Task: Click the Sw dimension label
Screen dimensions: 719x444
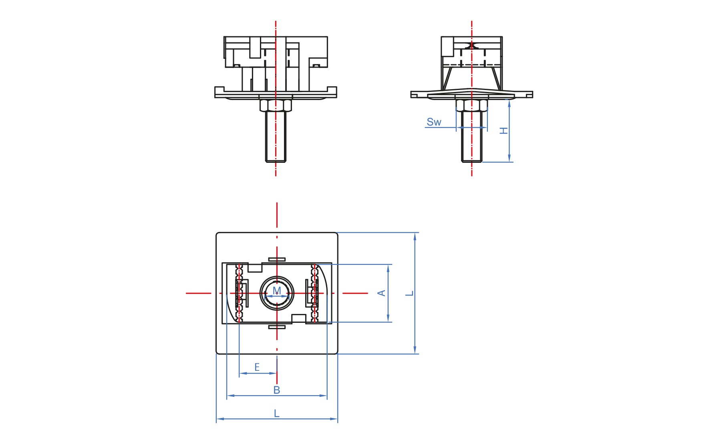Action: tap(434, 122)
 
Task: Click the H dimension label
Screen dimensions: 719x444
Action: tap(504, 130)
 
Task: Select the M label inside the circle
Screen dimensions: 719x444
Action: tap(277, 290)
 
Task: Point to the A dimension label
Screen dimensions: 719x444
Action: tap(382, 293)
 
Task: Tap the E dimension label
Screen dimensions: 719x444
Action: tap(257, 367)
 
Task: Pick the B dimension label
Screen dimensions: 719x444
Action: tap(277, 390)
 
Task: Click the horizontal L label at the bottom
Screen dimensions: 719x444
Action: tap(277, 413)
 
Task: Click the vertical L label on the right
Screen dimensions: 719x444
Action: tap(409, 293)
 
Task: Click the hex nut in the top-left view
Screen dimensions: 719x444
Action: tap(276, 105)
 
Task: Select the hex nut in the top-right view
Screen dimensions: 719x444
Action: tap(472, 105)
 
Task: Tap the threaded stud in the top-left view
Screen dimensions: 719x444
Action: tap(276, 136)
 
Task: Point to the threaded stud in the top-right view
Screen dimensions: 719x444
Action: tap(472, 136)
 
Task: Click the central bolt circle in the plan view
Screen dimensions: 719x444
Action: tap(277, 276)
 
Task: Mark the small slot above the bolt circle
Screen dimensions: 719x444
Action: tap(277, 259)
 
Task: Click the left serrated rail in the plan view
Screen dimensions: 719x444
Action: tap(240, 293)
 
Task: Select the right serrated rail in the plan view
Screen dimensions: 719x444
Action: tap(314, 293)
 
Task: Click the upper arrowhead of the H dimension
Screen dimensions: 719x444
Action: tap(509, 103)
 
